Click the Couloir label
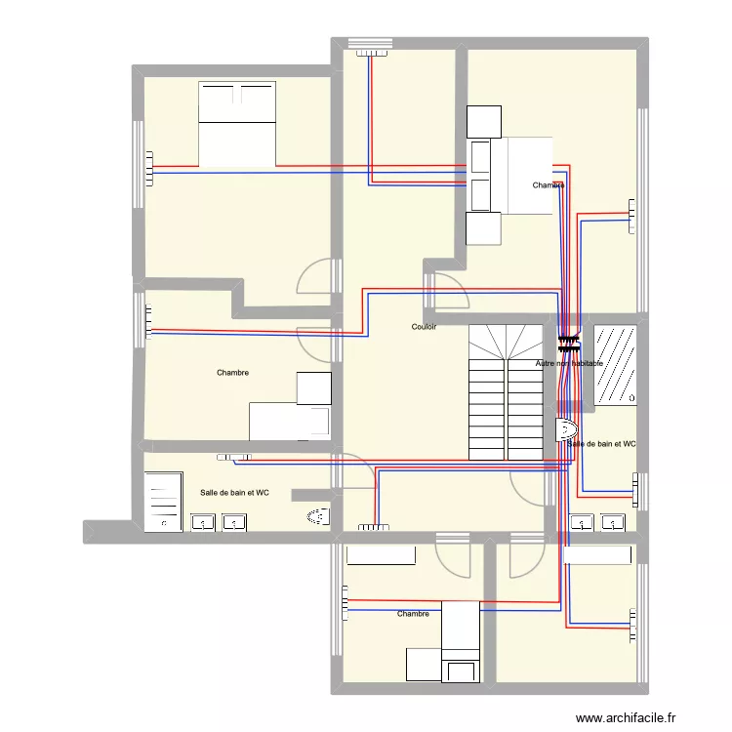pos(424,327)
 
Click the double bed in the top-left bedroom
pos(237,124)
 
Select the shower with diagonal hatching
pos(616,364)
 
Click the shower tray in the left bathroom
pos(163,502)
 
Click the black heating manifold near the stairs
pos(569,344)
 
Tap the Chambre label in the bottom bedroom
pos(413,614)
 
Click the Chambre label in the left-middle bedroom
pos(232,373)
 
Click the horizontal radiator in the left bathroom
pos(234,457)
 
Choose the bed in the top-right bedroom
pos(527,175)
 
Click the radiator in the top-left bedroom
pos(149,168)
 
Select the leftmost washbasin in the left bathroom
pos(202,523)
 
